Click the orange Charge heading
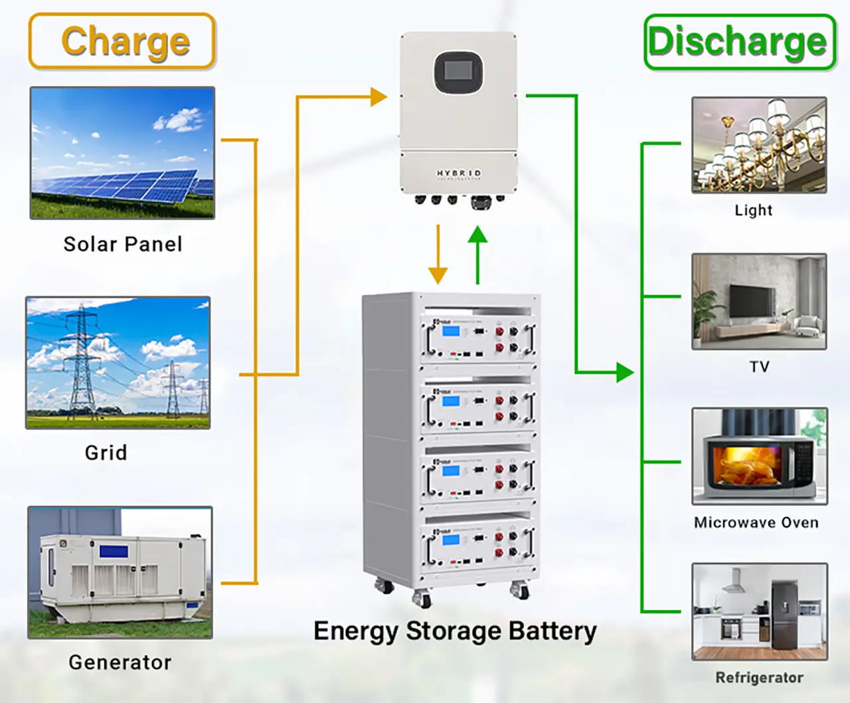[125, 41]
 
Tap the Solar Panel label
[123, 244]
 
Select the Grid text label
[106, 452]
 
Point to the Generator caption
[120, 662]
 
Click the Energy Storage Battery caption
[455, 631]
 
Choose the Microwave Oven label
[756, 522]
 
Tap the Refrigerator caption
[759, 677]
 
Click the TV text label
[759, 366]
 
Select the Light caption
[754, 210]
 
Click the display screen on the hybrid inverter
[458, 72]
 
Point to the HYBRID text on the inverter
[458, 173]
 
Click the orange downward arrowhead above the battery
[438, 274]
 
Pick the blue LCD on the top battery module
[451, 331]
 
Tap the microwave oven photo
[759, 456]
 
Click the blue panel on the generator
[114, 551]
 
